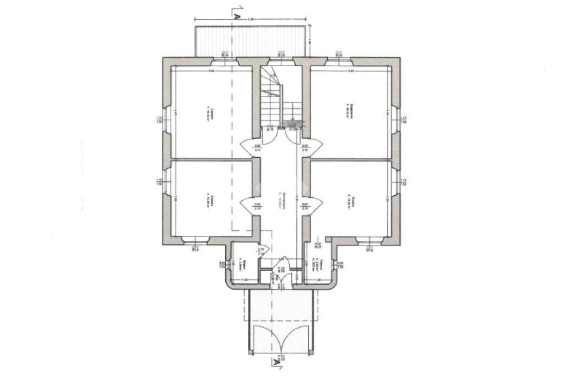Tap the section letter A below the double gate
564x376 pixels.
(274, 362)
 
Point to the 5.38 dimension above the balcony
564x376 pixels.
(251, 19)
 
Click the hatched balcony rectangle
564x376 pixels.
(251, 40)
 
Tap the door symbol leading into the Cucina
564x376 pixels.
(312, 205)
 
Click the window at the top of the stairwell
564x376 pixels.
(281, 61)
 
